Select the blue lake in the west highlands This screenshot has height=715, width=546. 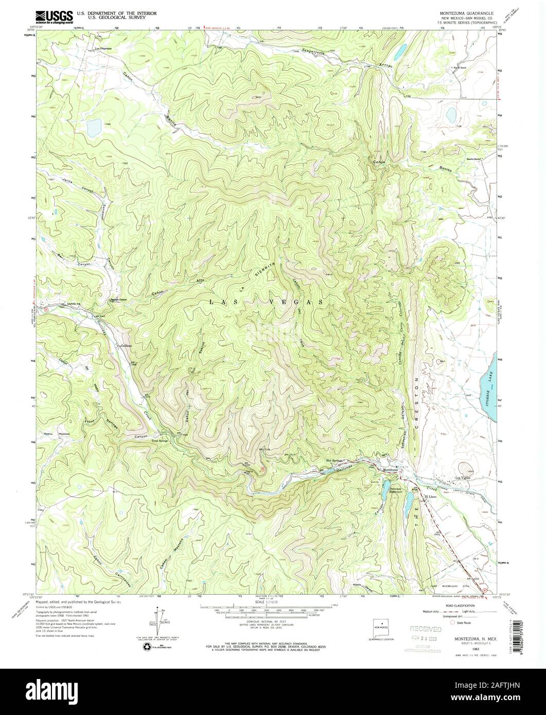click(94, 125)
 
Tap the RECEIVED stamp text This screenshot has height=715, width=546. click(425, 629)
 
